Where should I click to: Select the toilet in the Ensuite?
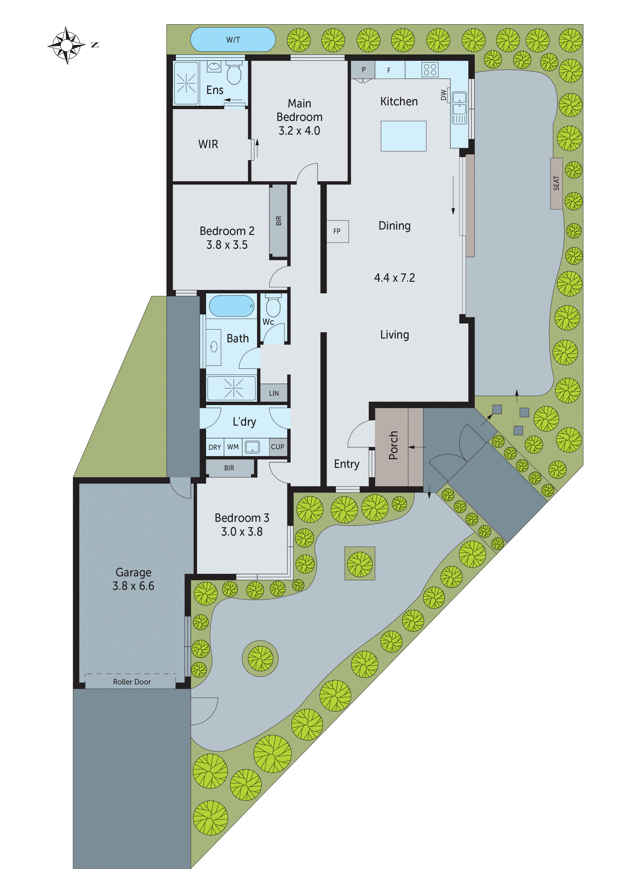tap(234, 74)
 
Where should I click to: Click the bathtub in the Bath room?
tap(232, 306)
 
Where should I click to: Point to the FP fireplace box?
tap(337, 231)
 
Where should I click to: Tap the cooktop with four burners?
tap(430, 69)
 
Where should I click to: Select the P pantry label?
tap(364, 69)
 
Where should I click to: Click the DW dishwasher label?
tap(443, 95)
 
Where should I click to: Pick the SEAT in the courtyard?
tap(556, 183)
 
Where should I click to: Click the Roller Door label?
tap(132, 682)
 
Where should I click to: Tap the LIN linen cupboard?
tap(274, 393)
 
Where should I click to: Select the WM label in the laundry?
tap(233, 447)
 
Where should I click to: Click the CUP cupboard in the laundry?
tap(277, 447)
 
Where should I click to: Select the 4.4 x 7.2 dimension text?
tap(394, 278)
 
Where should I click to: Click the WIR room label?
tap(208, 144)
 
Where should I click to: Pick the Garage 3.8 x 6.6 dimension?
tap(133, 586)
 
